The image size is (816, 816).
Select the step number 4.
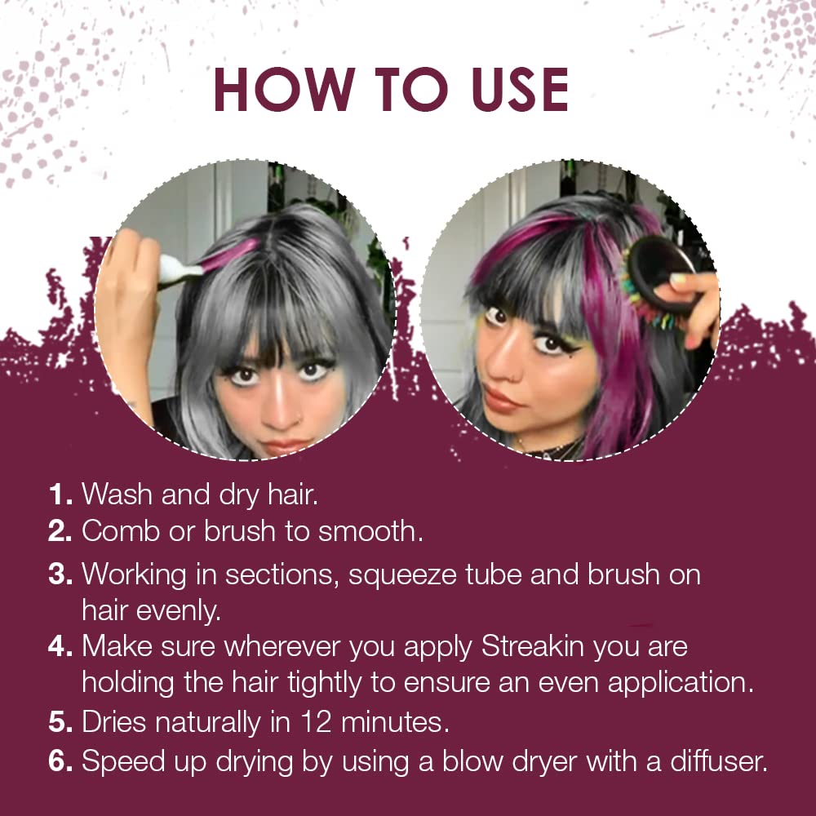click(x=60, y=647)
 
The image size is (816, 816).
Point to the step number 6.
click(x=60, y=762)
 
